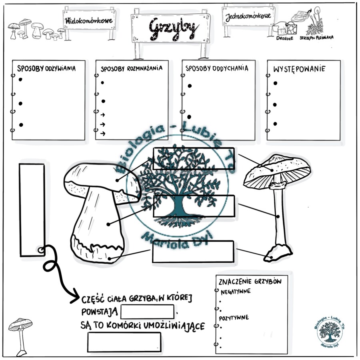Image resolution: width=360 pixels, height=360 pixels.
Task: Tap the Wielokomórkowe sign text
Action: [x=89, y=21]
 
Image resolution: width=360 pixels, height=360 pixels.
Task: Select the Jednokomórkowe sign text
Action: [x=248, y=17]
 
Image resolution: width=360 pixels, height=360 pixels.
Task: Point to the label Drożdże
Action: [x=285, y=38]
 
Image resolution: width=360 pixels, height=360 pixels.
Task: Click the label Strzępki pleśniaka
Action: [x=316, y=38]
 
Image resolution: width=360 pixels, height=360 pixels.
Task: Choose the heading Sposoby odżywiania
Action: [x=46, y=68]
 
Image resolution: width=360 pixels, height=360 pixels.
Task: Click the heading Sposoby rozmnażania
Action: [x=132, y=68]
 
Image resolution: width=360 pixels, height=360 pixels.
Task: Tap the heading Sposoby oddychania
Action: [x=217, y=68]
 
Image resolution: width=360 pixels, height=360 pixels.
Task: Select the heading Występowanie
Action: [x=299, y=69]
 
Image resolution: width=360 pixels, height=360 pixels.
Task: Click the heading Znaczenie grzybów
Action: [x=250, y=282]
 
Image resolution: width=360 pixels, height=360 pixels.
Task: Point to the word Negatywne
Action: [x=236, y=292]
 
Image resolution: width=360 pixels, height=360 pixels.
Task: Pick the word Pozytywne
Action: [x=234, y=318]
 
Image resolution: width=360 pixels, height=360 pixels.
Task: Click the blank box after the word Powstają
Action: [x=147, y=312]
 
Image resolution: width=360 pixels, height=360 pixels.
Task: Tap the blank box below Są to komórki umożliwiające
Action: [x=124, y=342]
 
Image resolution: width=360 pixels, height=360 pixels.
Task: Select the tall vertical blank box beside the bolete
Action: [x=32, y=210]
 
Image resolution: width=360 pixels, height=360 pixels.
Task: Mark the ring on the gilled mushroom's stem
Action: [x=278, y=185]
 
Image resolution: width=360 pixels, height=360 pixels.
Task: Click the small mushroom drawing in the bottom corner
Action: [x=20, y=336]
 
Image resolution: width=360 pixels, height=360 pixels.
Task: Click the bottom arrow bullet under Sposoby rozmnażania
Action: [x=103, y=133]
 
